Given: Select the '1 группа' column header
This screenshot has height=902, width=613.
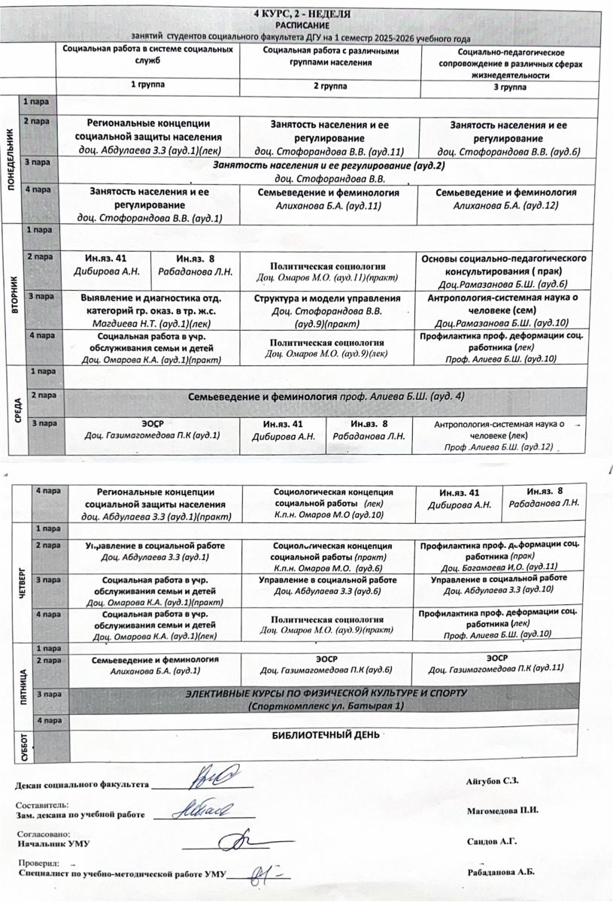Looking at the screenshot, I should [148, 86].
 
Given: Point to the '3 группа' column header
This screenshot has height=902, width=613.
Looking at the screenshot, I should [509, 87].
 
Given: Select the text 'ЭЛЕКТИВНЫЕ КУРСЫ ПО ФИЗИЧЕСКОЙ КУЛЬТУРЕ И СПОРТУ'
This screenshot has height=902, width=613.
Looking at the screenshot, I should [326, 692].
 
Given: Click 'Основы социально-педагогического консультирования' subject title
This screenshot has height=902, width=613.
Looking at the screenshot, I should [504, 265].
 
